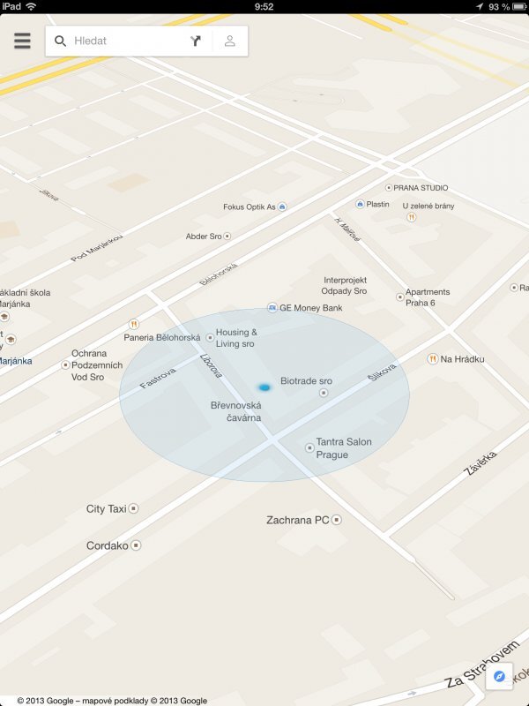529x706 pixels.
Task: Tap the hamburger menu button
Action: click(22, 41)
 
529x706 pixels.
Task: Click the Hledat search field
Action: click(123, 41)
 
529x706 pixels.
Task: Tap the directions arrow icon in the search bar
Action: click(196, 41)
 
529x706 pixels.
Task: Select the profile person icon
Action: click(229, 41)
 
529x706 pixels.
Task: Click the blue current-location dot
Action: click(264, 387)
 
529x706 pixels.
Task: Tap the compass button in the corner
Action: click(499, 676)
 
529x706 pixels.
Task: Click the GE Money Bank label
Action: click(310, 308)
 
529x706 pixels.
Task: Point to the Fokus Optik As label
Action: click(250, 207)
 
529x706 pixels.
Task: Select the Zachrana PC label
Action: click(297, 520)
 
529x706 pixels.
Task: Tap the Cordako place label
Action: click(107, 545)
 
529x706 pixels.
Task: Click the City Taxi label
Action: click(107, 509)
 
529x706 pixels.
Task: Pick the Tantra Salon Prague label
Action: click(344, 448)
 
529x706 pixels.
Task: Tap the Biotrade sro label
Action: click(306, 380)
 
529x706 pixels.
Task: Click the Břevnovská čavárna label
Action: click(235, 411)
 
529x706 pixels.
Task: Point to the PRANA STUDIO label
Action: click(421, 188)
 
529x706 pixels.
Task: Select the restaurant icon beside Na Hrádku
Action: click(432, 359)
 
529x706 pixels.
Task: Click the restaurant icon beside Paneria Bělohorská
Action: click(134, 324)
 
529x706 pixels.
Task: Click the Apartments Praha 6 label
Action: click(428, 297)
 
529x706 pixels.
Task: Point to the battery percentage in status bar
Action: click(500, 6)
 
